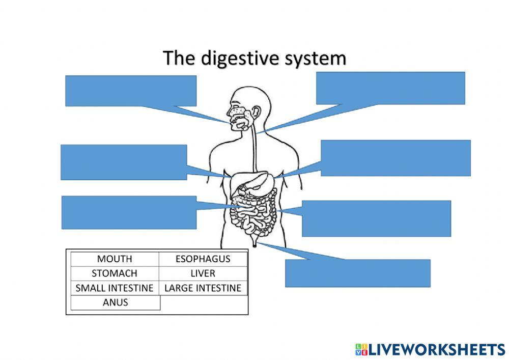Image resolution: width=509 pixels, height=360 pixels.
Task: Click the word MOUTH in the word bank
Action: [x=115, y=259]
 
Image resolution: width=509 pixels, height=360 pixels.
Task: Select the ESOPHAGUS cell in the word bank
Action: [x=203, y=259]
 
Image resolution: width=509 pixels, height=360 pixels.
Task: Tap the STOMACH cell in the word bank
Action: [x=115, y=273]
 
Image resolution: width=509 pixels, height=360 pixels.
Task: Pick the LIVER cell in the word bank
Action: [x=203, y=273]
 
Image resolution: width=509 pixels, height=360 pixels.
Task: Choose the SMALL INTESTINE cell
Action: [x=115, y=288]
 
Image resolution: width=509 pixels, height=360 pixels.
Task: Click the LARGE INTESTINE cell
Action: [x=203, y=288]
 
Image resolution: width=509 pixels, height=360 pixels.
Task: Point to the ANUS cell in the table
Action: [x=115, y=302]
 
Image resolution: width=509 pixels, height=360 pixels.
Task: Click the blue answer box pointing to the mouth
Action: [x=131, y=91]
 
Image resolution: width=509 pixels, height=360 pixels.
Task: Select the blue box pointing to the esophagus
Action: [x=390, y=88]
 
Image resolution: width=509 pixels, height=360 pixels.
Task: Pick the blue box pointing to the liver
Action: [x=124, y=162]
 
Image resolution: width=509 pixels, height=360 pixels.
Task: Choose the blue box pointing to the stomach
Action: [x=395, y=158]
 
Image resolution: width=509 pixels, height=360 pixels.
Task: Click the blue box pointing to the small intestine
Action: [x=129, y=212]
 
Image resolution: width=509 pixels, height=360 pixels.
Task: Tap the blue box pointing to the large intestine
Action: [x=376, y=218]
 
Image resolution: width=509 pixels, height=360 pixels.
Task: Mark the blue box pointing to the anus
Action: [x=357, y=273]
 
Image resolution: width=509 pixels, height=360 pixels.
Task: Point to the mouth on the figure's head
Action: [x=238, y=122]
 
